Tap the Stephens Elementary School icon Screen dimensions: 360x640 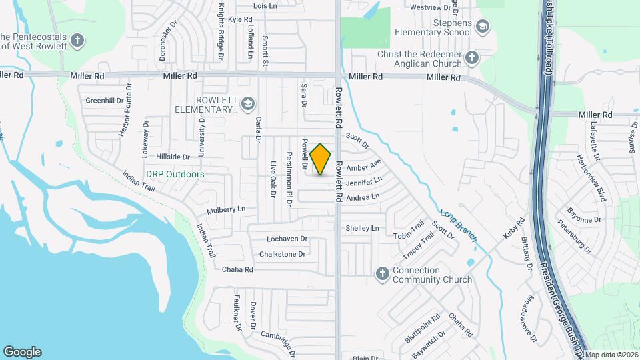(x=483, y=27)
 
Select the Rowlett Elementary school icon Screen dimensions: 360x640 (x=248, y=104)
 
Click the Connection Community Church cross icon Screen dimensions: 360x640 (x=383, y=273)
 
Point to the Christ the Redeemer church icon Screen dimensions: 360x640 (x=473, y=58)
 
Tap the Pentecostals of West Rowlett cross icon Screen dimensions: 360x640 (x=78, y=41)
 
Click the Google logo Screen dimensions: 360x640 (x=22, y=351)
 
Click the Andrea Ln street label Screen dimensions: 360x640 (x=362, y=197)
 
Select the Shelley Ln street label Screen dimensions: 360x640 (x=362, y=228)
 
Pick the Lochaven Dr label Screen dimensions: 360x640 (x=286, y=239)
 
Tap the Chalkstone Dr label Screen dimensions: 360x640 (x=282, y=254)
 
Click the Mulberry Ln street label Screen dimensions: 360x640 (x=226, y=209)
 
